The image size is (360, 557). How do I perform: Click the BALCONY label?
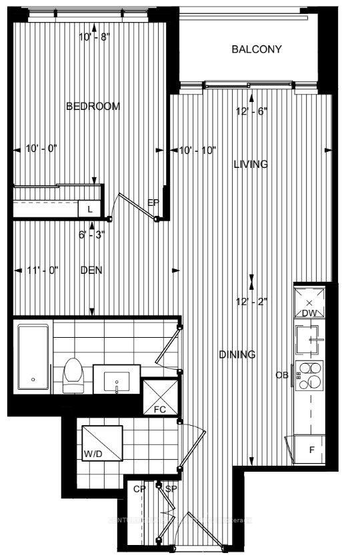pyautogui.click(x=257, y=49)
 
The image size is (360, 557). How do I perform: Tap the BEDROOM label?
pyautogui.click(x=93, y=107)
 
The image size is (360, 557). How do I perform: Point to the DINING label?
pyautogui.click(x=237, y=354)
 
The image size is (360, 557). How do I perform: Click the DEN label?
pyautogui.click(x=91, y=270)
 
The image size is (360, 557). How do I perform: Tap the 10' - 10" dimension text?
pyautogui.click(x=198, y=151)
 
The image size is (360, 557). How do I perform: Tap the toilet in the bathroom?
pyautogui.click(x=71, y=376)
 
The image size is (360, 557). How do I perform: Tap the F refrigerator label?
pyautogui.click(x=311, y=450)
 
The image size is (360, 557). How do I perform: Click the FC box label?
pyautogui.click(x=159, y=409)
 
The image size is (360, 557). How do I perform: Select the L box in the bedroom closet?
pyautogui.click(x=89, y=209)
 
